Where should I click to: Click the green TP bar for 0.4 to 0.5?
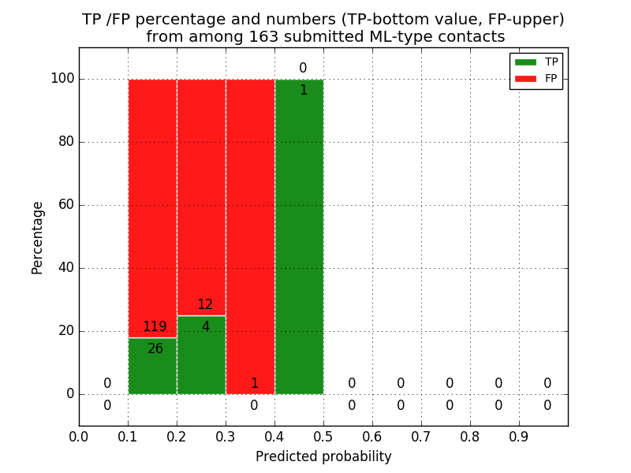point(299,236)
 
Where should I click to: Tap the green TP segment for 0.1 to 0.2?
point(152,367)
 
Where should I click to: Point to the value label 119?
point(155,327)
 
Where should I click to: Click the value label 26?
point(155,348)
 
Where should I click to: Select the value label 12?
point(205,305)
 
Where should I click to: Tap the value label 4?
point(205,326)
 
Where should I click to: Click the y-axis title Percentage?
point(38,237)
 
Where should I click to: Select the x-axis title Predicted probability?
point(323,456)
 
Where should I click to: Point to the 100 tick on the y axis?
point(62,79)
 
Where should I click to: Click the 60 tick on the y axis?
point(65,205)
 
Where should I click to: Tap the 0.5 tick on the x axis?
point(323,435)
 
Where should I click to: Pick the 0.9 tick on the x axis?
point(519,435)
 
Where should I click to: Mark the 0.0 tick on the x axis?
point(79,435)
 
